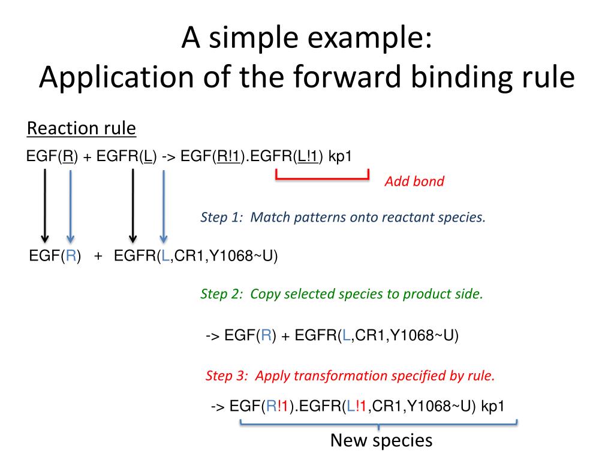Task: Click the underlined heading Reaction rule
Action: [82, 129]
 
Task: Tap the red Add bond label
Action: [414, 181]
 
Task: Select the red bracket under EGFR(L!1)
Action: [322, 177]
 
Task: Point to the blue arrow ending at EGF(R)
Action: [71, 204]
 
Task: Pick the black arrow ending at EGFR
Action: [133, 204]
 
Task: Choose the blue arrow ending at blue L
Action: [163, 204]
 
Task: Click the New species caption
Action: [381, 441]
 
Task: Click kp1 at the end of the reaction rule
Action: [341, 157]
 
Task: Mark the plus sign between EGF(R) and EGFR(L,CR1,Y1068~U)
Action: [98, 256]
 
